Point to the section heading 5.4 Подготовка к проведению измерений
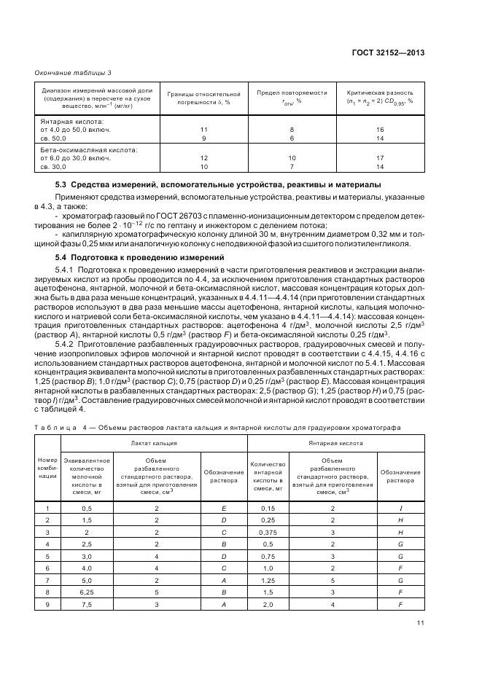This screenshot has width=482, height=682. pyautogui.click(x=125, y=258)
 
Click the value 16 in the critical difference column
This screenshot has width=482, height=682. pyautogui.click(x=380, y=129)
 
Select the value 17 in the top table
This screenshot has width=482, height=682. pyautogui.click(x=380, y=158)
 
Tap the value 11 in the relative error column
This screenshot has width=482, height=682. pyautogui.click(x=203, y=129)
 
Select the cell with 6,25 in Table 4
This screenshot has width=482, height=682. pyautogui.click(x=87, y=592)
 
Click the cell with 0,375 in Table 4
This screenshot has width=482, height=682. pyautogui.click(x=268, y=532)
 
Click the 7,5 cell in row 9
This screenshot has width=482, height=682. pyautogui.click(x=87, y=605)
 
